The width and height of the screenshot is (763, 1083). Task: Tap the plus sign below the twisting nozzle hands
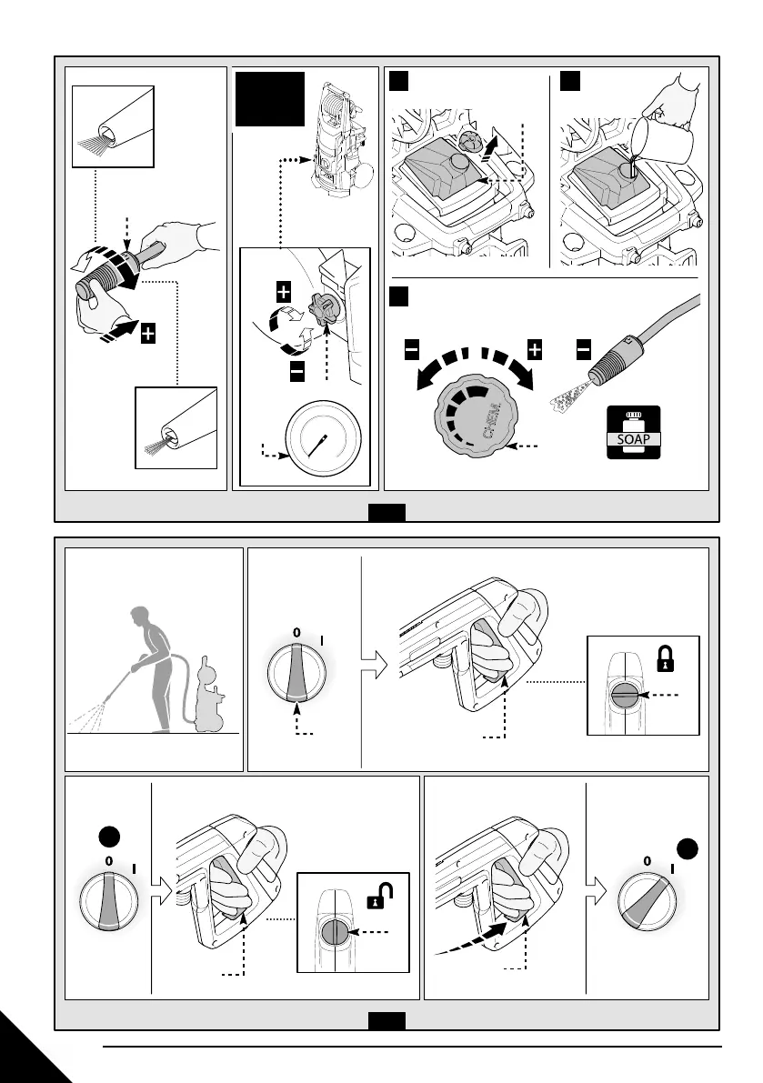(x=147, y=334)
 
